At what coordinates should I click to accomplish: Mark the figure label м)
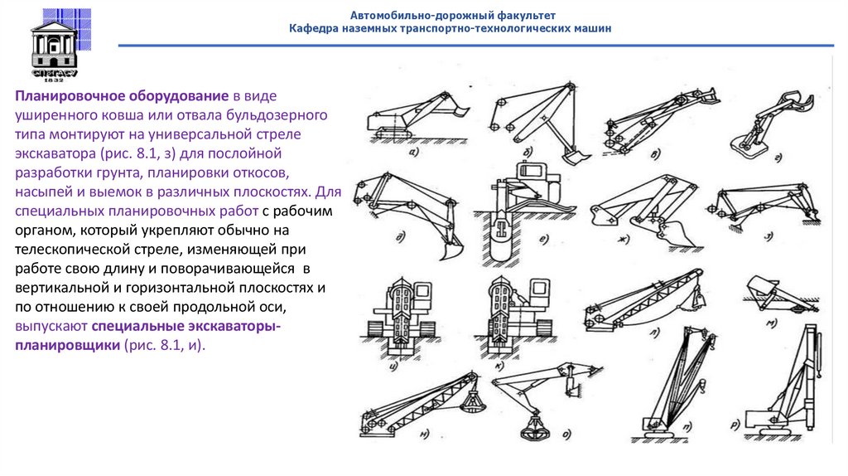pyautogui.click(x=771, y=323)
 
